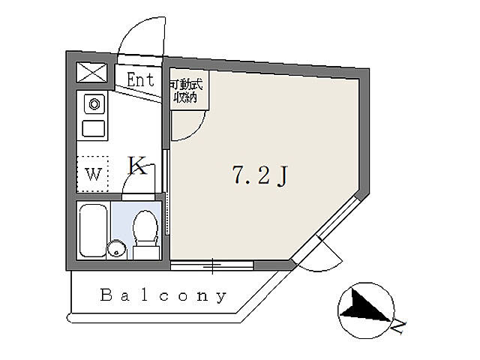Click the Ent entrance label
(x=140, y=79)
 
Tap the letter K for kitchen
(x=137, y=165)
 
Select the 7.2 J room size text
(x=260, y=176)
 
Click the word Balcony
(x=163, y=295)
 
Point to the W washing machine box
(x=92, y=174)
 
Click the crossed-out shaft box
(x=91, y=73)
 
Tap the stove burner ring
(x=94, y=104)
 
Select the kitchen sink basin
(x=94, y=128)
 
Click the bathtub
(x=93, y=230)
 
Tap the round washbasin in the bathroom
(x=117, y=248)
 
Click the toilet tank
(x=146, y=252)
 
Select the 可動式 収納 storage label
(x=186, y=91)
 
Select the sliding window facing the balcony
(x=211, y=265)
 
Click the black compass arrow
(x=364, y=305)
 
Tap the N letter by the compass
(x=398, y=327)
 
